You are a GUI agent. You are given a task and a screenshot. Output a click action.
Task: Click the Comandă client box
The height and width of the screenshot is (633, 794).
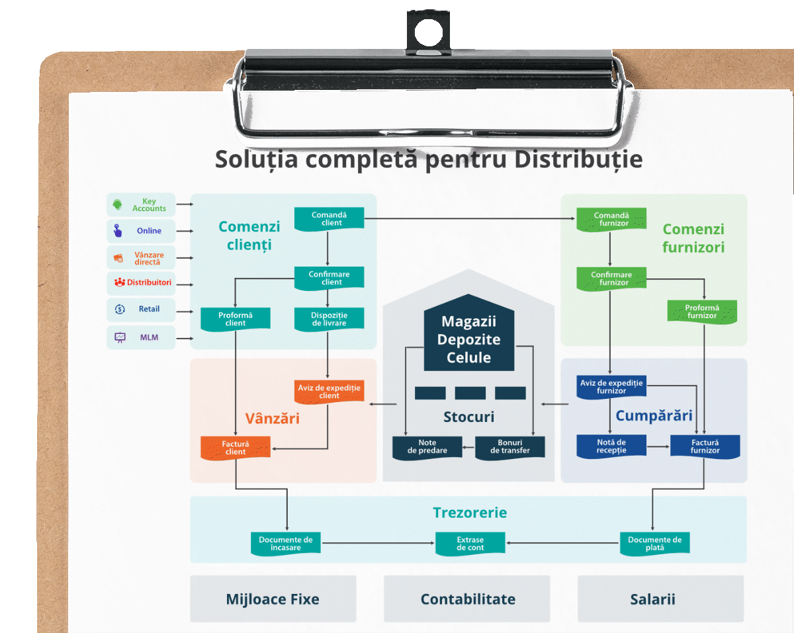click(328, 219)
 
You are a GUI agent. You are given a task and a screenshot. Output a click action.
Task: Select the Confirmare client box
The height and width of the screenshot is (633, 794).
click(328, 278)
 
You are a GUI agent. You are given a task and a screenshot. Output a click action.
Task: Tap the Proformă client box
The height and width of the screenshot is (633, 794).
click(236, 319)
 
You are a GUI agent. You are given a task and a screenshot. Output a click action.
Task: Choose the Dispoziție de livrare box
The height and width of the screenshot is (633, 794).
click(328, 319)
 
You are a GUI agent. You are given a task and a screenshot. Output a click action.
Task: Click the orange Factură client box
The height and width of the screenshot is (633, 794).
click(236, 448)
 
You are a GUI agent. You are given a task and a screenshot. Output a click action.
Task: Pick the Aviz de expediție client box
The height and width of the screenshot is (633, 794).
click(328, 392)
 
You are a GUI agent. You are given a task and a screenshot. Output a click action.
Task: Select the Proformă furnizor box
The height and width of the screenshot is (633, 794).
click(701, 312)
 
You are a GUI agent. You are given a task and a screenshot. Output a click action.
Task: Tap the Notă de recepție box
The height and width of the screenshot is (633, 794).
click(611, 446)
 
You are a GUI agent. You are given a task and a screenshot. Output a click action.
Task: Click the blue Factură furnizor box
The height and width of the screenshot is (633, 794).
click(705, 446)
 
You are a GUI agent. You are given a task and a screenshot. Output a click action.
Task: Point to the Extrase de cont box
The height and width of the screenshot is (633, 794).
click(470, 544)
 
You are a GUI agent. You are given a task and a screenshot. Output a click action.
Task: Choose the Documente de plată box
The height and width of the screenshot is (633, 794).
click(654, 544)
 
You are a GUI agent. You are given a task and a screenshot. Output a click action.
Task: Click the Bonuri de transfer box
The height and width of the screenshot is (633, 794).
click(510, 447)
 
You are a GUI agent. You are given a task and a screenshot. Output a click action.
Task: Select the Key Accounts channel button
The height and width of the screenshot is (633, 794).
click(141, 204)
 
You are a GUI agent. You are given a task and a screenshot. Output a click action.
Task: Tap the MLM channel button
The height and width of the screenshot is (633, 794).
click(141, 337)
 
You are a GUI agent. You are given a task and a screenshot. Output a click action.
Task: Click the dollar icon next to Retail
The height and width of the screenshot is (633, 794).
click(120, 309)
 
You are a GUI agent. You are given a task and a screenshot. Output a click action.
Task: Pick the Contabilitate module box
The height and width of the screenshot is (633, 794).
click(467, 599)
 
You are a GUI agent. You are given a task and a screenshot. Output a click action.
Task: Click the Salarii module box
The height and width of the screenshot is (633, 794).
click(660, 599)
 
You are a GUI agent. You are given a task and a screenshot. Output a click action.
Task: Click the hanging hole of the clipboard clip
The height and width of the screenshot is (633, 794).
click(427, 30)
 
